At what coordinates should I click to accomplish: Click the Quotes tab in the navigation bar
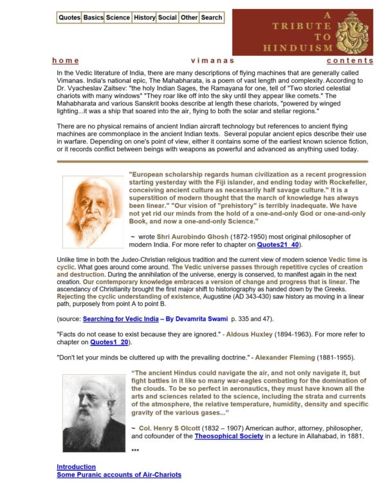pyautogui.click(x=69, y=17)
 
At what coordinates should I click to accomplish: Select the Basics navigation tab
pyautogui.click(x=93, y=17)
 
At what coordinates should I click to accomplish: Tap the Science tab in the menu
pyautogui.click(x=118, y=17)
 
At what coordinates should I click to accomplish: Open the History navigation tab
pyautogui.click(x=144, y=17)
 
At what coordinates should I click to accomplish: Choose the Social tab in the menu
pyautogui.click(x=167, y=17)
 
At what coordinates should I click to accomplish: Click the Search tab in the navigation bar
pyautogui.click(x=211, y=17)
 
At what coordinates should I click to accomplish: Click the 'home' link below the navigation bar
pyautogui.click(x=66, y=60)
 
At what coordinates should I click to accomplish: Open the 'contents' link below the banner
pyautogui.click(x=349, y=60)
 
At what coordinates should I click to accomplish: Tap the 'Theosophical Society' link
pyautogui.click(x=229, y=436)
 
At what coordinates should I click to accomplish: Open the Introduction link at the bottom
pyautogui.click(x=76, y=467)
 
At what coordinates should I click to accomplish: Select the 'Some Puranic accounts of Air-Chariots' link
pyautogui.click(x=119, y=475)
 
